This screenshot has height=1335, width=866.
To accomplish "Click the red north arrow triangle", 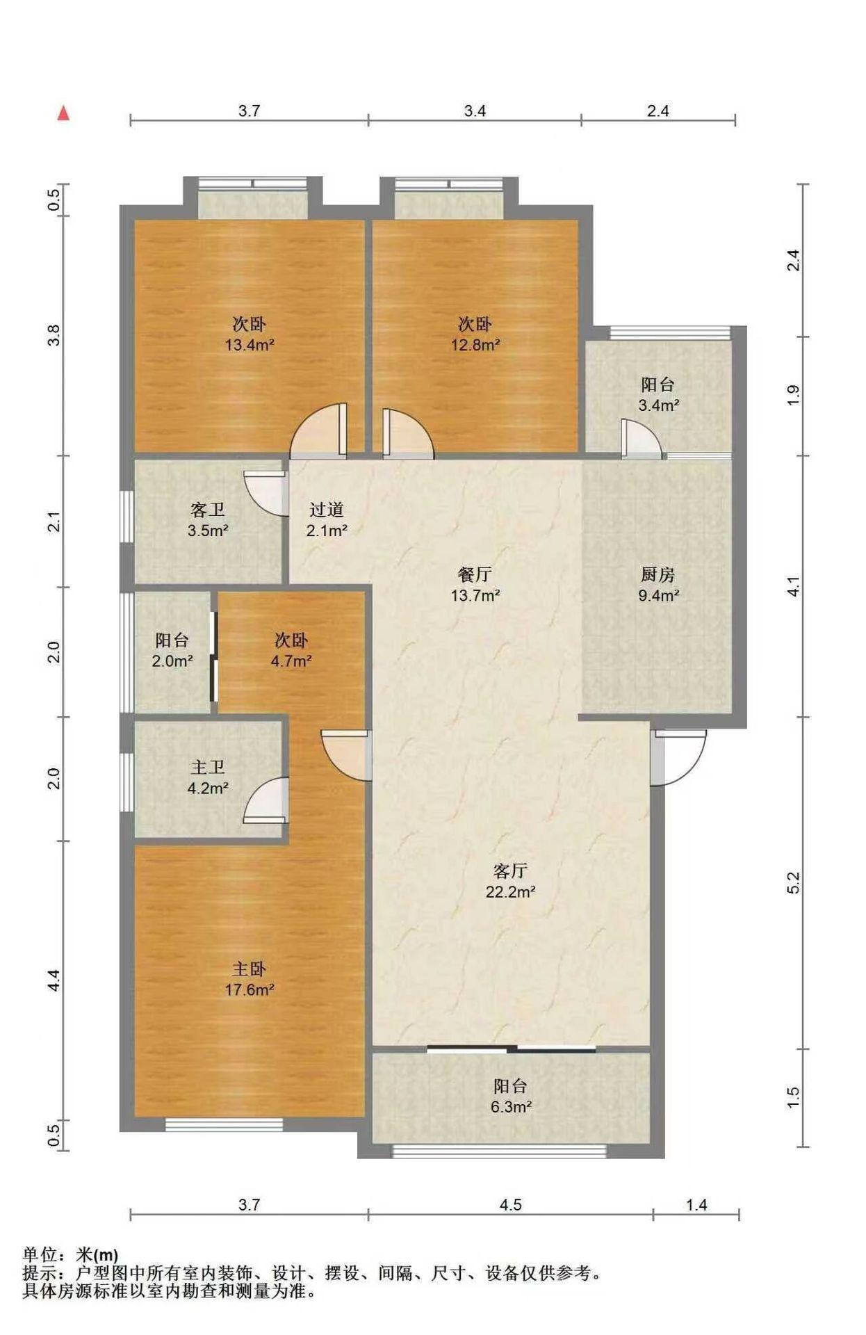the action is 63,113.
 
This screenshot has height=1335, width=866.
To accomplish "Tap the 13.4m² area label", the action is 250,344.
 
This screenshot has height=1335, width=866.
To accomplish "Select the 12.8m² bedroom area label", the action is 475,344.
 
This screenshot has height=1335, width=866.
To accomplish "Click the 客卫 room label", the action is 208,510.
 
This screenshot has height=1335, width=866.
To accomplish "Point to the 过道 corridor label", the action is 327,510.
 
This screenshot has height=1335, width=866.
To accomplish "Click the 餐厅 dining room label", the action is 475,574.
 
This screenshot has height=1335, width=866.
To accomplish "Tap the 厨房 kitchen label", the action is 657,574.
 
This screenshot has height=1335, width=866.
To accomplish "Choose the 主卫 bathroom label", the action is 208,767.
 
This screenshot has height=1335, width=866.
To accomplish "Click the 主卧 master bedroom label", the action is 250,969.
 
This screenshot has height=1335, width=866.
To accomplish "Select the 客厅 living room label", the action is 510,871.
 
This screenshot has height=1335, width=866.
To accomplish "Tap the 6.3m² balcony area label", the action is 511,1107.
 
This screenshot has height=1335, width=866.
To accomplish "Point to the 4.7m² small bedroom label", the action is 291,661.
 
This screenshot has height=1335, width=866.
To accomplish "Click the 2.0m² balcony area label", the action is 172,661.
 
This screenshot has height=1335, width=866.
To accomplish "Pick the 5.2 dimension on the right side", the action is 794,882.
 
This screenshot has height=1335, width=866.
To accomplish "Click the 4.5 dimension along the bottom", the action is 511,1205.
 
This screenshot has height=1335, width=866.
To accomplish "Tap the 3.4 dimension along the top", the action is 475,111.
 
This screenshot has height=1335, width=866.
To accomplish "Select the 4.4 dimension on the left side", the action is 54,980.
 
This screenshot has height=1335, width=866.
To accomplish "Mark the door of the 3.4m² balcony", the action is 641,438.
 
